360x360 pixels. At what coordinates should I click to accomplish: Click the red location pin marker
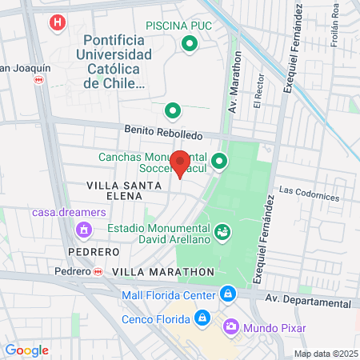click(181, 162)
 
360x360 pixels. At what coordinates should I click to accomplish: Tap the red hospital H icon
click(56, 22)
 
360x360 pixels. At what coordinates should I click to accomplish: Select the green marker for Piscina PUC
click(190, 44)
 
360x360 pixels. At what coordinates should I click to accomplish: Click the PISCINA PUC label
click(179, 26)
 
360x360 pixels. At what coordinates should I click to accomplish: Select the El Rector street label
click(258, 94)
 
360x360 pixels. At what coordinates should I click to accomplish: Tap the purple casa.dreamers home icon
click(82, 230)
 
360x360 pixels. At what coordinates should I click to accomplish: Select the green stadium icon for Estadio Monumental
click(223, 232)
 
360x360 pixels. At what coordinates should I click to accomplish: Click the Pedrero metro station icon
click(98, 272)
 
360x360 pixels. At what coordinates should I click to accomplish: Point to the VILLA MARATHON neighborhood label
click(163, 272)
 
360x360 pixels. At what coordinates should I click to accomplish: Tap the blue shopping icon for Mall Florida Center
click(228, 294)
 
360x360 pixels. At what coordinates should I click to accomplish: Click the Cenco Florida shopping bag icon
click(202, 319)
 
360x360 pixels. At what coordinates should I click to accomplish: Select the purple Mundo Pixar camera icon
click(230, 326)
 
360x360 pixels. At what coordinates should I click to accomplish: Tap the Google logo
click(27, 350)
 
